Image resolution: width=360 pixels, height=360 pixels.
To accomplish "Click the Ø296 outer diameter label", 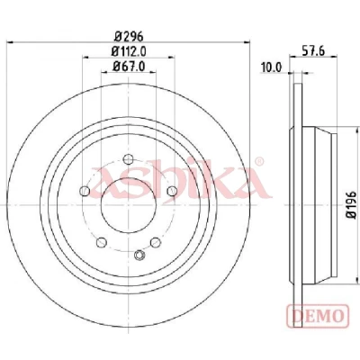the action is [x=129, y=36].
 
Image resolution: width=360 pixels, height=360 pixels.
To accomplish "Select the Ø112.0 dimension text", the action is [x=129, y=51].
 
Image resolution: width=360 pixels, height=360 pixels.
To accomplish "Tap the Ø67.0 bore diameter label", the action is [x=129, y=67].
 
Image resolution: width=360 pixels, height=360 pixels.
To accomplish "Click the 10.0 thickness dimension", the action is [x=272, y=67].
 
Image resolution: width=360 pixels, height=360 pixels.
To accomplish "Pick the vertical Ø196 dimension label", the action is [x=351, y=205].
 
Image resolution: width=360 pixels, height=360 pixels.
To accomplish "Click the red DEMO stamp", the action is [x=319, y=316].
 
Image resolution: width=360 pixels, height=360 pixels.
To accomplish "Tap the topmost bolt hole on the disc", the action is [x=128, y=159].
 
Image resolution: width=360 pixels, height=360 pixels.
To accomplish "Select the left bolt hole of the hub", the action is [x=85, y=191].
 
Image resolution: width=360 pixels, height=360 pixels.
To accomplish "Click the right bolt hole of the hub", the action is [x=172, y=191].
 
